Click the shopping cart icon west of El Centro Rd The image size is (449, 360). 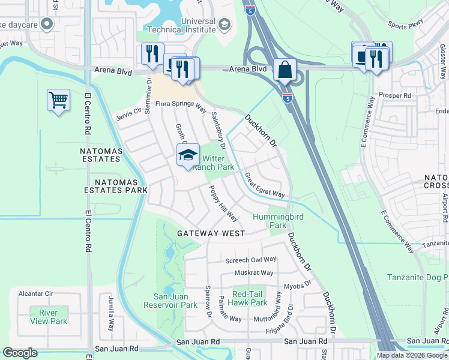point(58,100)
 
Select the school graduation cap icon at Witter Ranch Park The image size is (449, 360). point(188,155)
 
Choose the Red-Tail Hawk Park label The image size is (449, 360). point(250,298)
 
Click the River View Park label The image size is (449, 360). point(49,317)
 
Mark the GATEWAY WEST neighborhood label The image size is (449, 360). point(211,233)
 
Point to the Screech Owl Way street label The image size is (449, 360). point(250,260)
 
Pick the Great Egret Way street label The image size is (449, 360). point(264,185)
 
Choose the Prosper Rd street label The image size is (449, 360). point(395,95)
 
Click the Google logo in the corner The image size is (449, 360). point(20,353)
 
